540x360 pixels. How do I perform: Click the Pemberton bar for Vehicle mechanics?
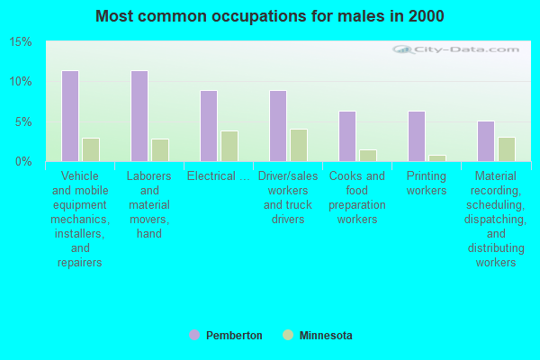(70, 116)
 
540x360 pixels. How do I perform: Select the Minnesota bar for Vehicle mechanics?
(91, 149)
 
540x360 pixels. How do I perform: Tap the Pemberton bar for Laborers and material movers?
(139, 116)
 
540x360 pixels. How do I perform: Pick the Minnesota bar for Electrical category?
(229, 146)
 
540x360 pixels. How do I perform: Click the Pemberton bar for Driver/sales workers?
(278, 126)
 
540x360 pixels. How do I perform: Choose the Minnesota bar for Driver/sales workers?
(299, 145)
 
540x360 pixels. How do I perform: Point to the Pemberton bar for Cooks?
(347, 136)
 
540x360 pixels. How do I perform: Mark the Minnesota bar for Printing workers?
(437, 157)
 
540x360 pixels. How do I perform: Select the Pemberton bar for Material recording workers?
(486, 141)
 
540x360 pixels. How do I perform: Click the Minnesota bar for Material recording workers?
(507, 149)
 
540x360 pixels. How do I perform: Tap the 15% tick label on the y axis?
(21, 42)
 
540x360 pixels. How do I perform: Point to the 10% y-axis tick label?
(21, 82)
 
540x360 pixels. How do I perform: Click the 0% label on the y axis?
(23, 162)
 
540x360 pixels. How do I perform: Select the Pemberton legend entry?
(226, 336)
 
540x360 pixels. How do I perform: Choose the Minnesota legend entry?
(318, 336)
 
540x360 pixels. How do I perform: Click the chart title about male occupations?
(270, 16)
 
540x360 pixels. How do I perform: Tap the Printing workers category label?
(427, 184)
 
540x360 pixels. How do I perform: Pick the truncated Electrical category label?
(219, 176)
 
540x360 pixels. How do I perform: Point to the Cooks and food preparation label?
(357, 198)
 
